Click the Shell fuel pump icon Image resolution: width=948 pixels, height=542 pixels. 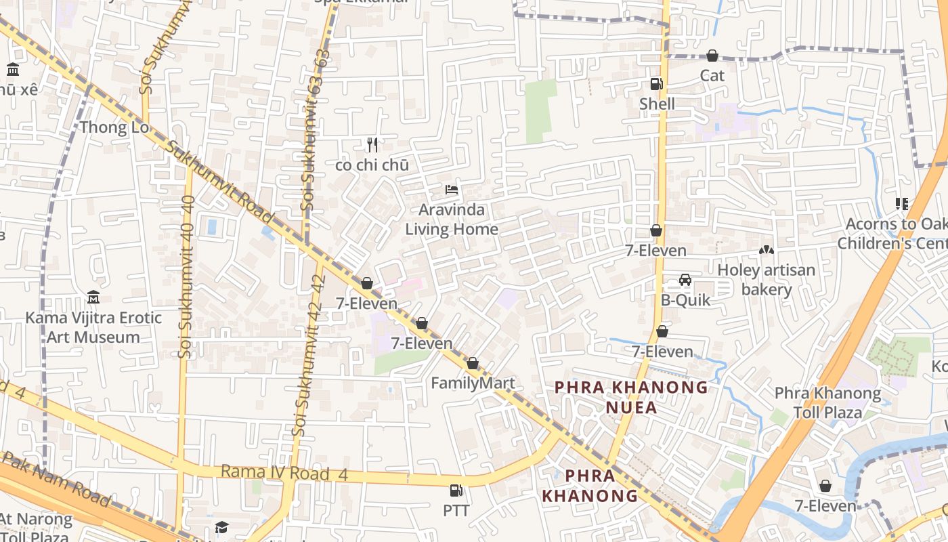656,84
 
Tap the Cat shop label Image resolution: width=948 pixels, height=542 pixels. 712,75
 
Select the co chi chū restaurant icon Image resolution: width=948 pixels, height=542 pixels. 372,144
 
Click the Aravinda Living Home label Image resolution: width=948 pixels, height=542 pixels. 452,220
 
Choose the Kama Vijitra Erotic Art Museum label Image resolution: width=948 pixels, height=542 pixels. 93,327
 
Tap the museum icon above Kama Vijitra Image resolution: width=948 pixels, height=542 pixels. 93,297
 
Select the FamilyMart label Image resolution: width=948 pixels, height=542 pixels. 473,383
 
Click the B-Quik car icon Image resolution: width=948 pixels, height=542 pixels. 685,280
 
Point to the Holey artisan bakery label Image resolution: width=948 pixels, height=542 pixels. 767,280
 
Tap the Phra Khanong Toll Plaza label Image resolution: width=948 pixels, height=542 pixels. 827,402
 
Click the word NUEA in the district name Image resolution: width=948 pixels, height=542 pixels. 631,408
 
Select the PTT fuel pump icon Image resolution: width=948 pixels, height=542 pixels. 456,490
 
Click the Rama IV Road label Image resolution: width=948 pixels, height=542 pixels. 284,473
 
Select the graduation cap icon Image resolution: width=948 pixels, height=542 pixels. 221,527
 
